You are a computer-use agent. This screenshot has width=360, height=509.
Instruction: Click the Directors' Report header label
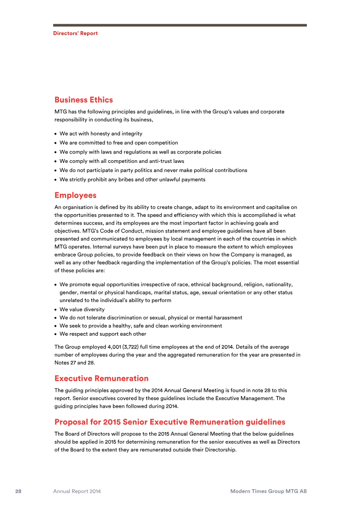[x=75, y=33]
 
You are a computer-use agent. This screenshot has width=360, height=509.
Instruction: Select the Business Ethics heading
[x=84, y=100]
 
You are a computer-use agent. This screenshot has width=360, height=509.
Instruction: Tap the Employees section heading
[x=76, y=195]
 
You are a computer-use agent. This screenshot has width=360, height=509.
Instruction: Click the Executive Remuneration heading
[x=101, y=378]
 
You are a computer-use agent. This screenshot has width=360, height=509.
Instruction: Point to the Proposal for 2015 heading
[x=170, y=422]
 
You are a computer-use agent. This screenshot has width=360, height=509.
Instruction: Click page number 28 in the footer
[x=18, y=491]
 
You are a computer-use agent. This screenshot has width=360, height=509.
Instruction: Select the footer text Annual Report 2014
[x=77, y=491]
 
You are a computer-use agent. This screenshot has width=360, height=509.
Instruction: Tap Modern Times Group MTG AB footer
[x=268, y=491]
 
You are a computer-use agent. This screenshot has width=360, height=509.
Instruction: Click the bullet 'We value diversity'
[x=82, y=310]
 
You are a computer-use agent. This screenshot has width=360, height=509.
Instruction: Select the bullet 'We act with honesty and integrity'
[x=101, y=134]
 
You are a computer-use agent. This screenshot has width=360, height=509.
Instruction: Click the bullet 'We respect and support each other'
[x=103, y=334]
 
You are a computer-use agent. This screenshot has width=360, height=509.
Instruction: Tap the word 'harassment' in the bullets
[x=227, y=318]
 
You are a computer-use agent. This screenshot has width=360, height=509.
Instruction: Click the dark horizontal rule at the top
[x=180, y=25]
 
